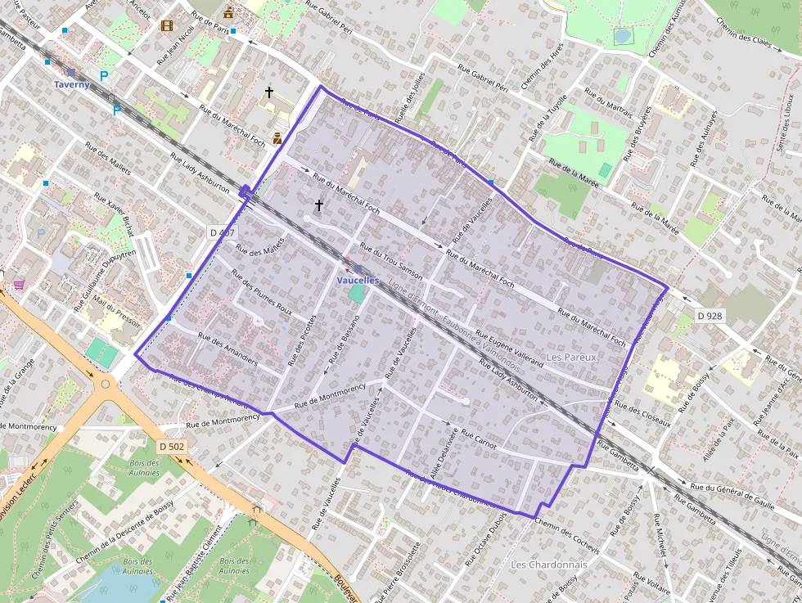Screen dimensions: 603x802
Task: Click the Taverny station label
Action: click(x=72, y=84)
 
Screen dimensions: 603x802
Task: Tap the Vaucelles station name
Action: click(x=358, y=280)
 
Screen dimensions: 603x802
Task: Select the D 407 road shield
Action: click(x=220, y=232)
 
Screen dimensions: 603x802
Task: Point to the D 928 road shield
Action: click(x=710, y=315)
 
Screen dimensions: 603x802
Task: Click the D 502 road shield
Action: click(x=172, y=447)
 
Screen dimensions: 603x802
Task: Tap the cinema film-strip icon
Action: click(x=167, y=26)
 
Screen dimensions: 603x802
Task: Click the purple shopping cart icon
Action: click(x=18, y=285)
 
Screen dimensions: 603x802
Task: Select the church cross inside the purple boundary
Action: click(x=319, y=205)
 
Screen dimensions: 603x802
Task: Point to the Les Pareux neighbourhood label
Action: click(x=572, y=358)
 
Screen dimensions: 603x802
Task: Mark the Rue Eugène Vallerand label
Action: click(x=509, y=348)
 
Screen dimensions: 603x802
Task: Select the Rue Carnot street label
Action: click(x=479, y=439)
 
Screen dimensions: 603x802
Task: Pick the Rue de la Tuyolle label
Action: click(x=547, y=120)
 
